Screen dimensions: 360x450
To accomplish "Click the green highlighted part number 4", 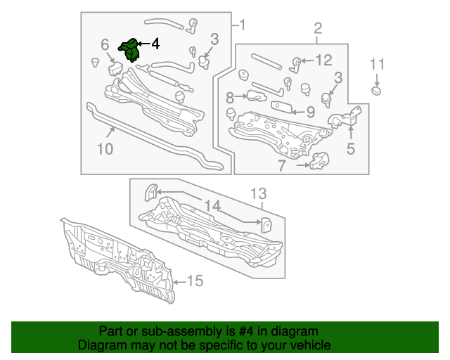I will (x=129, y=51).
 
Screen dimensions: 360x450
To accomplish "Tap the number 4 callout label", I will (x=155, y=44).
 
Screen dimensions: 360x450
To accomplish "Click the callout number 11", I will (x=378, y=65).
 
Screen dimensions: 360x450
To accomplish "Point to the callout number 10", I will (x=104, y=149).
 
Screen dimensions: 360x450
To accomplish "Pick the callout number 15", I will (x=194, y=281).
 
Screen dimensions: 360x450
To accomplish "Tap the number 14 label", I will (x=212, y=206).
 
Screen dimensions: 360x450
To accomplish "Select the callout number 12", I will (x=323, y=60).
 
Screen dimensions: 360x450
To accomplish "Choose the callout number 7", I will (x=281, y=166).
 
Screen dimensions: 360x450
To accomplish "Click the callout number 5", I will (x=350, y=148).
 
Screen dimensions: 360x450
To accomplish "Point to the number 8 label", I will (x=230, y=97).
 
